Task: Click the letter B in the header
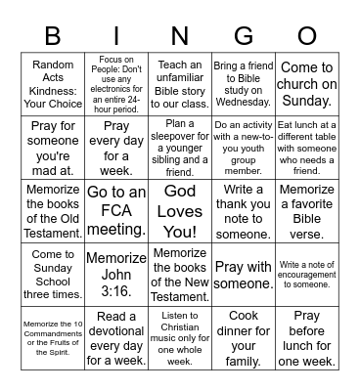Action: pos(52,35)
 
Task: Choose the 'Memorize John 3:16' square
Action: pos(116,274)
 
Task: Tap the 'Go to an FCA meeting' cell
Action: pos(116,211)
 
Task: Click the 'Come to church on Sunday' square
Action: pos(307,84)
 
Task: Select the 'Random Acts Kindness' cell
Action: pos(53,84)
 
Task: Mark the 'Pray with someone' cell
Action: pos(244,274)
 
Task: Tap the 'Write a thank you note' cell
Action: pos(244,211)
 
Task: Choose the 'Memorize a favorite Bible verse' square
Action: pos(307,211)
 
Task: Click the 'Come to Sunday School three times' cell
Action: pos(53,274)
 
